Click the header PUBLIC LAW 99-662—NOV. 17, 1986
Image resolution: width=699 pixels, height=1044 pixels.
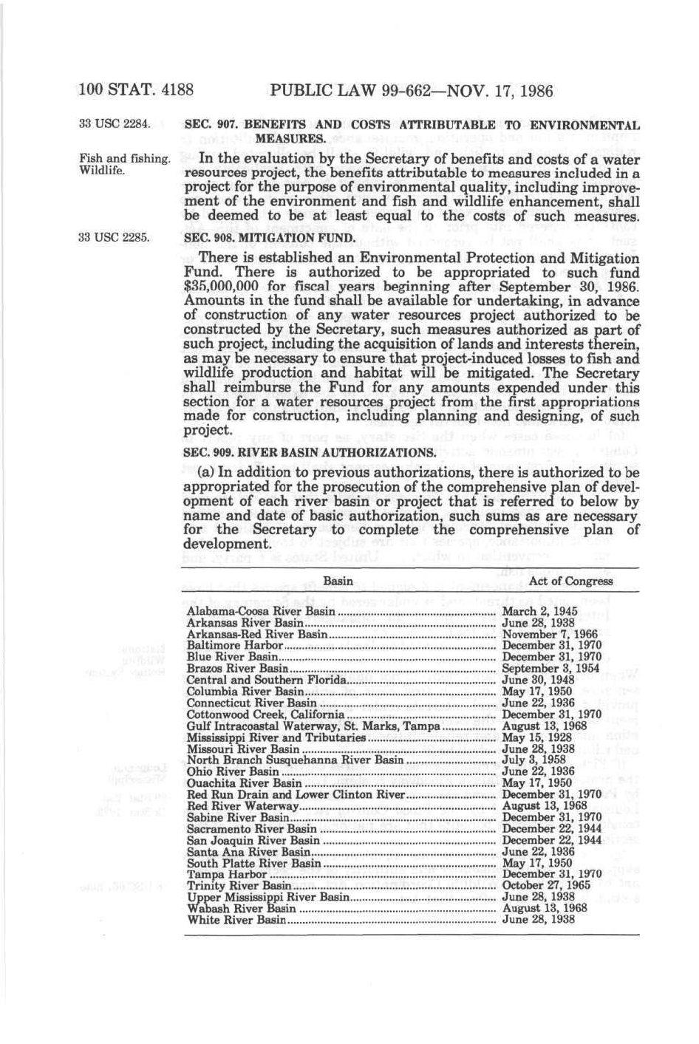tap(412, 91)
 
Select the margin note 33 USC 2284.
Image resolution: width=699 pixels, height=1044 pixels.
tap(115, 123)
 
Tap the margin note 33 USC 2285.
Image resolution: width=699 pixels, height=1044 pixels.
tap(115, 237)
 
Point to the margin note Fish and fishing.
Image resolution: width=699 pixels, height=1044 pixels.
tap(125, 158)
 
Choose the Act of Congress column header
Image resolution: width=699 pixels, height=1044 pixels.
tap(570, 581)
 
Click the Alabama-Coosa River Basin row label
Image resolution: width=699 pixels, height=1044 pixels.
tap(261, 612)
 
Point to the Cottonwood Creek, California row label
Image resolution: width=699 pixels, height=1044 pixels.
tap(265, 714)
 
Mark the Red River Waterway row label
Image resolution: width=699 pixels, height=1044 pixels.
tap(242, 806)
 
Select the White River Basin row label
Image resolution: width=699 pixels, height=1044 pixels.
tap(236, 920)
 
